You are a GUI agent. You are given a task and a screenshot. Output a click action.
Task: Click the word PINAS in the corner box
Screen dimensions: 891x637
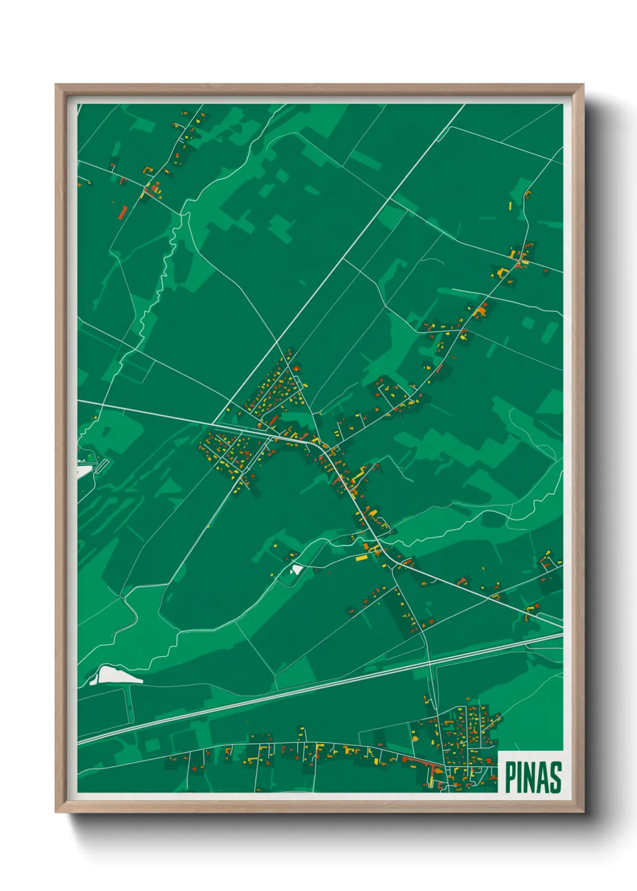pyautogui.click(x=533, y=777)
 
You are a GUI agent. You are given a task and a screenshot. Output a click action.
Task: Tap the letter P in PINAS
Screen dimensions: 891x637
pyautogui.click(x=510, y=777)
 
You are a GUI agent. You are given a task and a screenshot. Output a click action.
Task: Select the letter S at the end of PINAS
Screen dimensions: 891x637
pyautogui.click(x=556, y=777)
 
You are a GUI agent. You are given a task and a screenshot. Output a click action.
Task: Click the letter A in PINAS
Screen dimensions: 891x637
pyautogui.click(x=542, y=777)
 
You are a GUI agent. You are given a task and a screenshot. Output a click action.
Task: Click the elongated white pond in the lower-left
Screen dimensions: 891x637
pyautogui.click(x=118, y=675)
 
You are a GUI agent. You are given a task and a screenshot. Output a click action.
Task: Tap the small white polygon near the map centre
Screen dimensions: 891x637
pyautogui.click(x=296, y=568)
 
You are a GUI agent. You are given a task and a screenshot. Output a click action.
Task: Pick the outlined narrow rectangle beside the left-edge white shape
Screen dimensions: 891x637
pyautogui.click(x=102, y=465)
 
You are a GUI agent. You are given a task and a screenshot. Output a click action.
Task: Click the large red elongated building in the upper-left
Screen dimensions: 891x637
pyautogui.click(x=122, y=211)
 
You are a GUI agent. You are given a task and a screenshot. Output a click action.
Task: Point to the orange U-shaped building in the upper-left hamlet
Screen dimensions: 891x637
pyautogui.click(x=155, y=189)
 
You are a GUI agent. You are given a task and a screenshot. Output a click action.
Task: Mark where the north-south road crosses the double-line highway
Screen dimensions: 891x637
pyautogui.click(x=430, y=662)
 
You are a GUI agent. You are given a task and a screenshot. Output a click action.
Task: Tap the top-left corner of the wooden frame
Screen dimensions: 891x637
pyautogui.click(x=56, y=85)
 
